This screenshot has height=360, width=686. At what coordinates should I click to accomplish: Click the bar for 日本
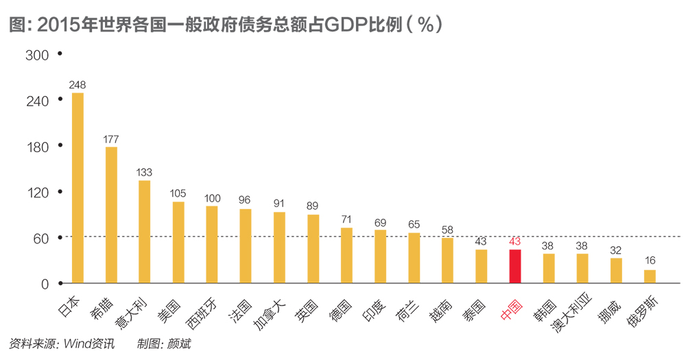(x=78, y=188)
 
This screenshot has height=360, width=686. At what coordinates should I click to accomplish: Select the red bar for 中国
(x=514, y=266)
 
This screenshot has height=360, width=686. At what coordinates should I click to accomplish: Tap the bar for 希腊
(x=111, y=215)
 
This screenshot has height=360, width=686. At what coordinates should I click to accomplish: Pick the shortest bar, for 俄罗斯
(x=650, y=276)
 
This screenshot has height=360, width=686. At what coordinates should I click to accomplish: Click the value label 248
(x=78, y=85)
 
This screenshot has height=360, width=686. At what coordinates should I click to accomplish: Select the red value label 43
(x=514, y=242)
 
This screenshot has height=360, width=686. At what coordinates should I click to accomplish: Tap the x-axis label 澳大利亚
(x=569, y=317)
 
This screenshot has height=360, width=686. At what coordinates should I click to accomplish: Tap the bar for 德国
(x=346, y=255)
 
